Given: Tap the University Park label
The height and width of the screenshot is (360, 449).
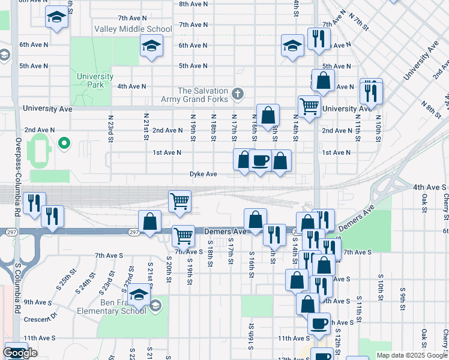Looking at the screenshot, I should click(x=95, y=80).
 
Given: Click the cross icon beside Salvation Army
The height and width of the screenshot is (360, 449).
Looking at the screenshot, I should click(x=238, y=94).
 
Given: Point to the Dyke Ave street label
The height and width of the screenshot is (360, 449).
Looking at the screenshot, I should click(x=203, y=174).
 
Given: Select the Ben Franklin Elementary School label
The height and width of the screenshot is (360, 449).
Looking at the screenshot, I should click(x=112, y=306).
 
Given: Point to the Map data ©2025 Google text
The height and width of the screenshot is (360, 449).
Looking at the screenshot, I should click(x=412, y=355).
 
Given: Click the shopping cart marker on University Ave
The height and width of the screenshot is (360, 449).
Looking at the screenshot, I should click(x=309, y=107).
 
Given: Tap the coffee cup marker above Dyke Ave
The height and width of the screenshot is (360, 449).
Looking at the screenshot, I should click(x=260, y=161).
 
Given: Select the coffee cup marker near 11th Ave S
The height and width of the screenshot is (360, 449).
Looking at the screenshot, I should click(x=319, y=323).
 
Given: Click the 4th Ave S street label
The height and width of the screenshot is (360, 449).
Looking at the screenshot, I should click(x=427, y=187).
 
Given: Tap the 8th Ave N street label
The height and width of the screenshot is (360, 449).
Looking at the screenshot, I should click(x=193, y=4).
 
